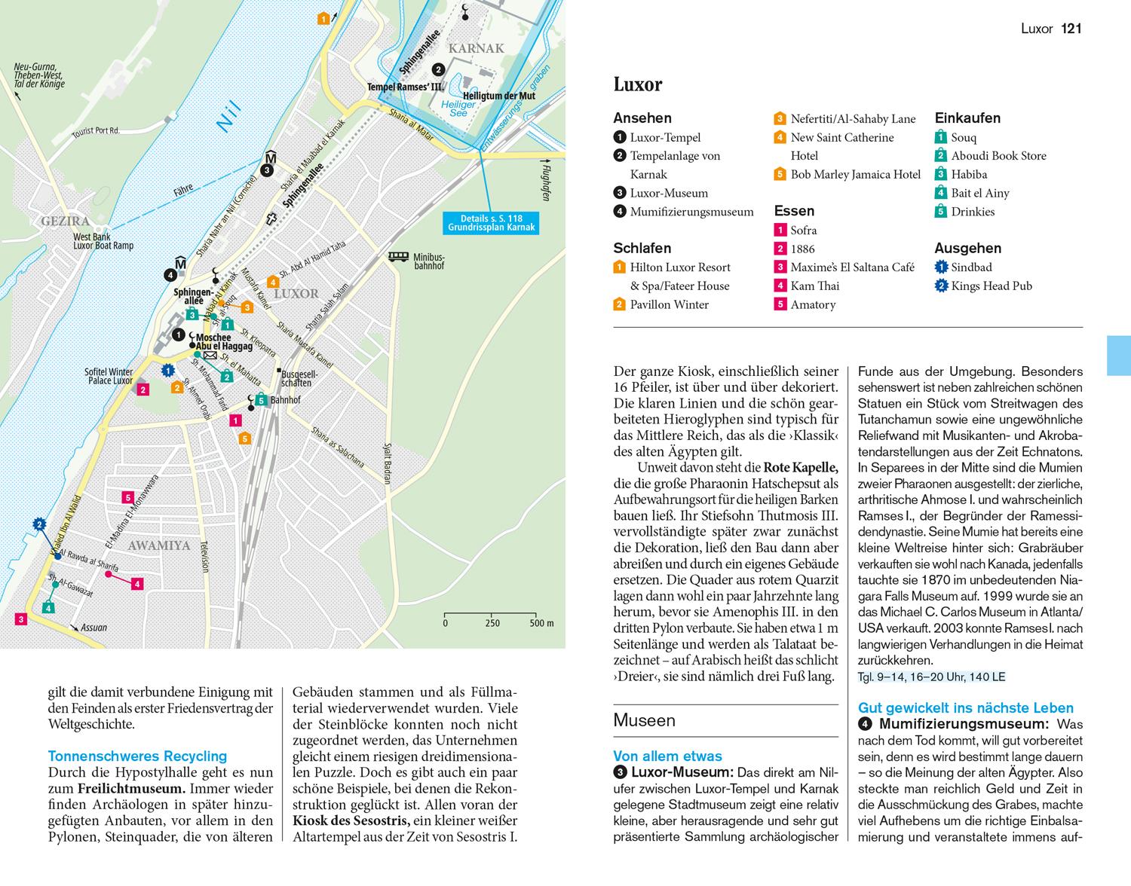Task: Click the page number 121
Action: tap(1071, 29)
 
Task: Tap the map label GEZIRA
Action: tap(66, 221)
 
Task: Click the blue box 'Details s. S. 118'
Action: tap(491, 222)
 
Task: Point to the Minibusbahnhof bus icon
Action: tap(397, 257)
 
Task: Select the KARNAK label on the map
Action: tap(476, 49)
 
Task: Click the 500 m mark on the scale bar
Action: tap(541, 623)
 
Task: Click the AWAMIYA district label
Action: tap(158, 545)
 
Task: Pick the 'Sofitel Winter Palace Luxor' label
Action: tap(109, 376)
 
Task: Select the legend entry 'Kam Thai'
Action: tap(814, 286)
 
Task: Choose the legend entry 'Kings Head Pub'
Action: tap(992, 286)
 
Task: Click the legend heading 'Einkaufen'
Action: tap(967, 118)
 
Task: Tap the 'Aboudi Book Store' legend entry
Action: tap(998, 156)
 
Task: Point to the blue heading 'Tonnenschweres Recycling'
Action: tap(137, 756)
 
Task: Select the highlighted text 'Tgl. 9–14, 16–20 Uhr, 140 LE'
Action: tap(931, 677)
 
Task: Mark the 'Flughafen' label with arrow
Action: tap(545, 182)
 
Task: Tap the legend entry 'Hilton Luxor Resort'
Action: tap(680, 267)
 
